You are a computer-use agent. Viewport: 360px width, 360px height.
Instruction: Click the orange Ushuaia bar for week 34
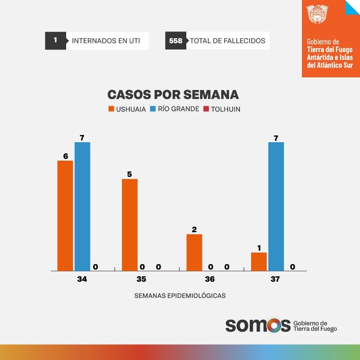click(65, 216)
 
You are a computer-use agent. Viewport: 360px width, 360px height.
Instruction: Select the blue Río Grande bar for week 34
click(82, 207)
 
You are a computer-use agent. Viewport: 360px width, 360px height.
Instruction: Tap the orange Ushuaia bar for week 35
click(130, 225)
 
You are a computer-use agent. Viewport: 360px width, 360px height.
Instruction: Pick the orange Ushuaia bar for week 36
click(194, 252)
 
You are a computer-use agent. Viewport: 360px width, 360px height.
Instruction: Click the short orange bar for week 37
click(259, 261)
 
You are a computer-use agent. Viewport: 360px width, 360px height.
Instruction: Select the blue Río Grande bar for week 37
click(276, 207)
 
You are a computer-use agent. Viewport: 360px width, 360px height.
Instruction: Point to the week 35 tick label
click(141, 279)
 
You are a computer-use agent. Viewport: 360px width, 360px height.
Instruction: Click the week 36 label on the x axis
click(210, 279)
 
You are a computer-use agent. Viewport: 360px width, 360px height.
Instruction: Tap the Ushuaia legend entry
click(127, 109)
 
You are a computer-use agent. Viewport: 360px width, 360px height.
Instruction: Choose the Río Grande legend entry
click(175, 109)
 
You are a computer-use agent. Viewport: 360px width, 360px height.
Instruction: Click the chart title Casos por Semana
click(173, 95)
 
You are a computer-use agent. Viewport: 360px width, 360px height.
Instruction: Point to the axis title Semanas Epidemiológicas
click(180, 296)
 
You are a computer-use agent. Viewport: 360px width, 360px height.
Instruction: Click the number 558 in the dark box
click(175, 41)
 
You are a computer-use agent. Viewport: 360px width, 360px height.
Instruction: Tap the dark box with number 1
click(55, 40)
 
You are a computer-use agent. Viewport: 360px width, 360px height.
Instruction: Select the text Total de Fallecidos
click(227, 41)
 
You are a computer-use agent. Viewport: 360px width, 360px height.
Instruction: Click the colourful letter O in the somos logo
click(272, 325)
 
